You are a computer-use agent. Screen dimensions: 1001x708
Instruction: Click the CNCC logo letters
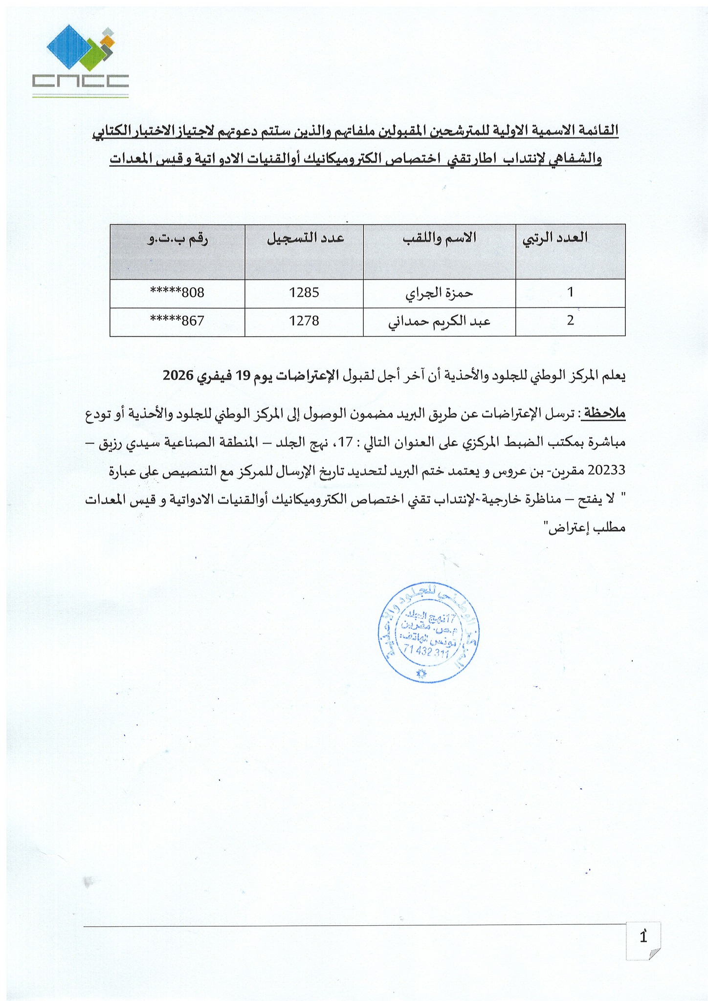pos(80,81)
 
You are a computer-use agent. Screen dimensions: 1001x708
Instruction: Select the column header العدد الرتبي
pos(555,238)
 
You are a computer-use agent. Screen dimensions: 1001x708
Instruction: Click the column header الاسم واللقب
pos(439,238)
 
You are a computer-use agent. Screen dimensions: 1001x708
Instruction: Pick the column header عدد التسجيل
pos(305,238)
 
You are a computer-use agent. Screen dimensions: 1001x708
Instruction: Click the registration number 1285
pos(304,293)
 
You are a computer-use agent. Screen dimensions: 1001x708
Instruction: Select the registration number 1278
pos(304,321)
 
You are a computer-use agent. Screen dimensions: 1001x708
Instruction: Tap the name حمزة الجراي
pos(439,293)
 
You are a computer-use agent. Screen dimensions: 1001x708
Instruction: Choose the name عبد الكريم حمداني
pos(439,322)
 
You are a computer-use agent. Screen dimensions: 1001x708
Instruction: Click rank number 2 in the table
pos(570,321)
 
